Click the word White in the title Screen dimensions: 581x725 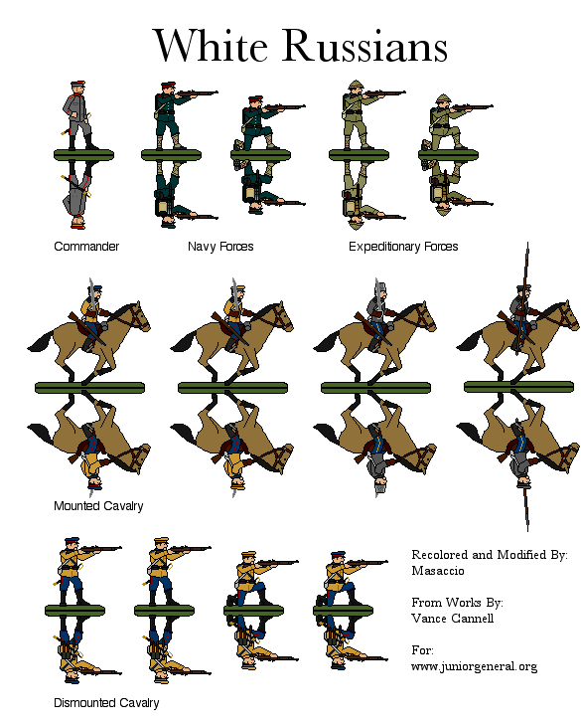(211, 45)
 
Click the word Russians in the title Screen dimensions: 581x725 (365, 45)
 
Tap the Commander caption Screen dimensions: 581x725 (86, 247)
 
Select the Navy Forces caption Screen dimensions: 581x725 (220, 247)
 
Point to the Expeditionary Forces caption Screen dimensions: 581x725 (403, 247)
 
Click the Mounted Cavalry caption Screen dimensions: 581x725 (98, 506)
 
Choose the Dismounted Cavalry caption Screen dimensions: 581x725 (106, 703)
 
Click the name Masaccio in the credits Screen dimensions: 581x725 (438, 571)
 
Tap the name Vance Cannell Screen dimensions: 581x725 (453, 619)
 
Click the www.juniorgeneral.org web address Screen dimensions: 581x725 (475, 666)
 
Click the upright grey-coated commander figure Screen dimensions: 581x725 (79, 115)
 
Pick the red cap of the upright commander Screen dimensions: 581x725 (78, 85)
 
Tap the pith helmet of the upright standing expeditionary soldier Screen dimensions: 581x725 (356, 86)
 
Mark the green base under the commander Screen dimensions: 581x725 (83, 155)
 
